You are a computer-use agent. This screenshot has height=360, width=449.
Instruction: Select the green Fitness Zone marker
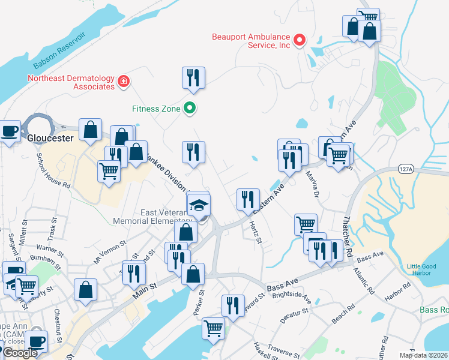click(190, 109)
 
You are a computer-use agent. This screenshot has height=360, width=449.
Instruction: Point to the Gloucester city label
click(50, 137)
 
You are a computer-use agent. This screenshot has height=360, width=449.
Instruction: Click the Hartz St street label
click(255, 232)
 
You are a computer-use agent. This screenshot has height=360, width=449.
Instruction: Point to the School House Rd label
click(53, 170)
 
